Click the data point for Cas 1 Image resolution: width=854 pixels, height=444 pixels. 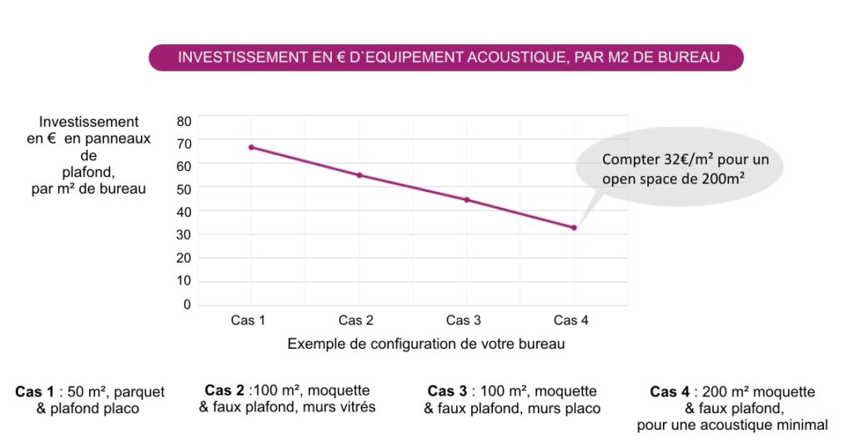pos(251,148)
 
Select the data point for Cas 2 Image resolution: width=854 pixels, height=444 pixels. pos(359,175)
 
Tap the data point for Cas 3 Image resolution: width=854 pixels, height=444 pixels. pos(467,200)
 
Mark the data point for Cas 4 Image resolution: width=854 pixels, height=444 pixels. pos(574,228)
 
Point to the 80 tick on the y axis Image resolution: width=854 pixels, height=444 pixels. pos(183,121)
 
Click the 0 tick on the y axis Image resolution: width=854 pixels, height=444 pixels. pos(187,305)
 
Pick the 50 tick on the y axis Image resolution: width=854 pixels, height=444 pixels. pos(183,189)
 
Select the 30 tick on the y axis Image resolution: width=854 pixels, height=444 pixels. pos(183,235)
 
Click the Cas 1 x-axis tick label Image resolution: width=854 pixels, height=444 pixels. pos(248,320)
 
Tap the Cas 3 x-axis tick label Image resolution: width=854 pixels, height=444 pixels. pos(464,320)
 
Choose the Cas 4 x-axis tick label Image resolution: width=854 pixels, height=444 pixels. pos(571,320)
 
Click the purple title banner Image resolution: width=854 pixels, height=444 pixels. pos(445,58)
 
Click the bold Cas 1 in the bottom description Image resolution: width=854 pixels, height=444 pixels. pos(34,391)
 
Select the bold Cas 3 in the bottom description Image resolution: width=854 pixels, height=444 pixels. pos(446,391)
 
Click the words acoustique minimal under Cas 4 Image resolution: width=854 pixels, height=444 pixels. pos(765,425)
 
